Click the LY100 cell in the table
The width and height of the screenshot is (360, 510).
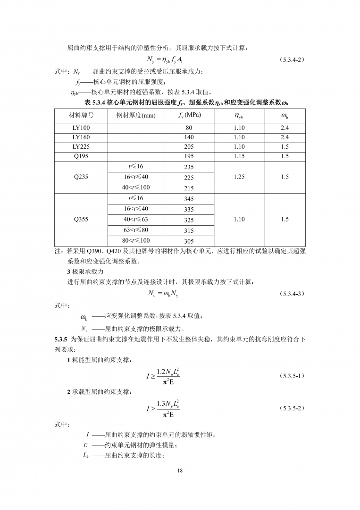coord(81,128)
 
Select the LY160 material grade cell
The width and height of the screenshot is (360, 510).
coord(81,137)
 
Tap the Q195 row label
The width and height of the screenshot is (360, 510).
coord(81,156)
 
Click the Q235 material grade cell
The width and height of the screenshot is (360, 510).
coord(81,177)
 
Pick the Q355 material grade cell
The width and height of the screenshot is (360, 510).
coord(81,220)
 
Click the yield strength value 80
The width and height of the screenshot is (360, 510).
coord(189,128)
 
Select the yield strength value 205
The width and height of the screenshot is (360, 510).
coord(189,147)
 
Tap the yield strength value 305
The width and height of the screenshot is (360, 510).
coord(189,241)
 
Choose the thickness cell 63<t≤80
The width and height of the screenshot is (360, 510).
coord(136,230)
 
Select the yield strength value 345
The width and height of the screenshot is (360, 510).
coord(189,199)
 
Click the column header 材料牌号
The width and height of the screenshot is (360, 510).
coord(81,115)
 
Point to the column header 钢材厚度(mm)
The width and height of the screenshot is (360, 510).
coord(136,115)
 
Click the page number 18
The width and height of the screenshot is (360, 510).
coord(180,470)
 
